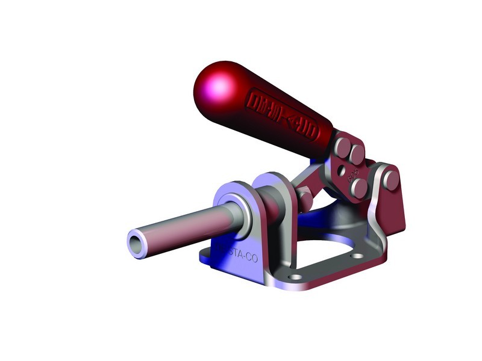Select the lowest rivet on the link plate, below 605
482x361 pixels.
coord(360,187)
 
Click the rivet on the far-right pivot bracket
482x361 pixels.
coord(391,178)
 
